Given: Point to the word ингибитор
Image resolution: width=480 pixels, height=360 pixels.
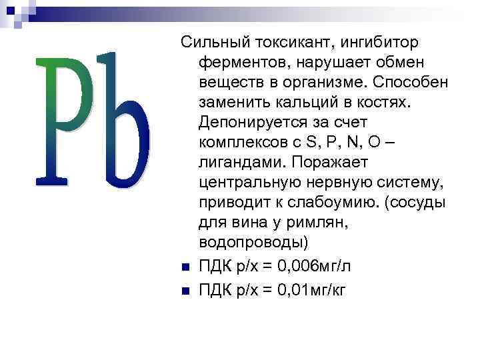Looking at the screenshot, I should click(381, 43).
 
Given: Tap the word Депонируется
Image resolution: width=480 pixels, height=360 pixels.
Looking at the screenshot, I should click(250, 123).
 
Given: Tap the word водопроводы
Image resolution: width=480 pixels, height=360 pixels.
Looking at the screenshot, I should click(250, 243).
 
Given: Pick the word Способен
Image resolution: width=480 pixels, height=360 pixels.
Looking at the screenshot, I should click(411, 83).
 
